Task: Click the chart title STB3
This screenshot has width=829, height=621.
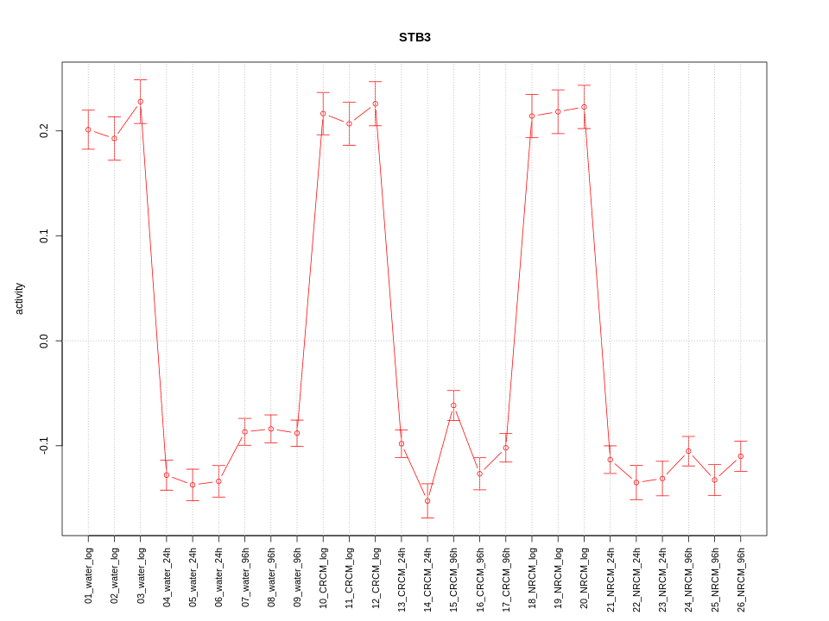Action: click(x=414, y=38)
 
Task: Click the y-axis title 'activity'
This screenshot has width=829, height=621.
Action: click(x=20, y=298)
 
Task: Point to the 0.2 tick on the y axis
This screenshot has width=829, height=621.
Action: click(x=44, y=131)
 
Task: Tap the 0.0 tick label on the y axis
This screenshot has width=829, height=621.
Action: click(x=44, y=341)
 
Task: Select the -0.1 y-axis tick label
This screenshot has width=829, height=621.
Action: click(x=44, y=445)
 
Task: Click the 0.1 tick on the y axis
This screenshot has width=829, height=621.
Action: click(x=44, y=235)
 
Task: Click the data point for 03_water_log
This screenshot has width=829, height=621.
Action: click(x=140, y=102)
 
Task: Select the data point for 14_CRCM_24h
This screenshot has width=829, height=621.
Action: click(x=427, y=501)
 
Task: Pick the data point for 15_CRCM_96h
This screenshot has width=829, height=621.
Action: click(x=453, y=405)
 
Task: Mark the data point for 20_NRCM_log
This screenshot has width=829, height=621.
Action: click(x=584, y=107)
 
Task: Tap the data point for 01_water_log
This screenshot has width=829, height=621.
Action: click(x=88, y=129)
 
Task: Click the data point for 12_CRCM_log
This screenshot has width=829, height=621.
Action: click(x=375, y=103)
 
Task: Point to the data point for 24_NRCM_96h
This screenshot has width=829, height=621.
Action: click(x=688, y=451)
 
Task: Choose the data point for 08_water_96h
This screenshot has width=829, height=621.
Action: click(x=271, y=429)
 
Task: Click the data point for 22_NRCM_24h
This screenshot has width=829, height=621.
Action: click(x=636, y=482)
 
